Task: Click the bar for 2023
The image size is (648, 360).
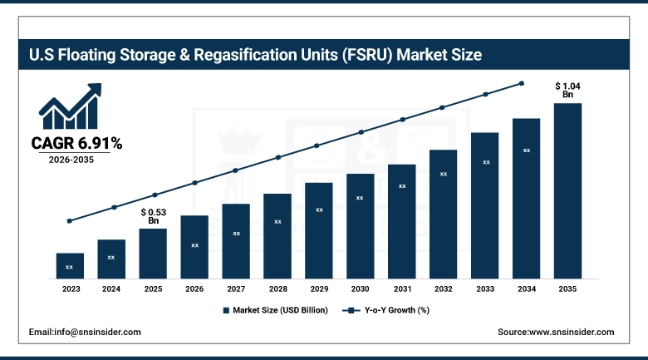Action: pyautogui.click(x=70, y=265)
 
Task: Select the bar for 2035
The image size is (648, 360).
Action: pyautogui.click(x=567, y=190)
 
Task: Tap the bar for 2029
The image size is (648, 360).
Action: pyautogui.click(x=319, y=230)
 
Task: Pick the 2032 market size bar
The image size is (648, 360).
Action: pyautogui.click(x=444, y=214)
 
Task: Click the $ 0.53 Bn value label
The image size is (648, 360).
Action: pyautogui.click(x=153, y=216)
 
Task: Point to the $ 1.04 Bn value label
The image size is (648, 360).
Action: pyautogui.click(x=567, y=90)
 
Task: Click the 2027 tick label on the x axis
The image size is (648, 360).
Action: pyautogui.click(x=236, y=288)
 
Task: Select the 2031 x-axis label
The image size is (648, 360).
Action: pyautogui.click(x=402, y=288)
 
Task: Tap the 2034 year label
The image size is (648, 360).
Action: pyautogui.click(x=526, y=288)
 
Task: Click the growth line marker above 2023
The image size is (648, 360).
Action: pyautogui.click(x=70, y=221)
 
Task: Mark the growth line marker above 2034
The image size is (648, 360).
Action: pyautogui.click(x=522, y=83)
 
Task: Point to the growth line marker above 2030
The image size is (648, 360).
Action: pyautogui.click(x=361, y=132)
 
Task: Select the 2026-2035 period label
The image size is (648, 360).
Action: pyautogui.click(x=71, y=160)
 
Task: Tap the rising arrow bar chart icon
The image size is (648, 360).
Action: pyautogui.click(x=71, y=106)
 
